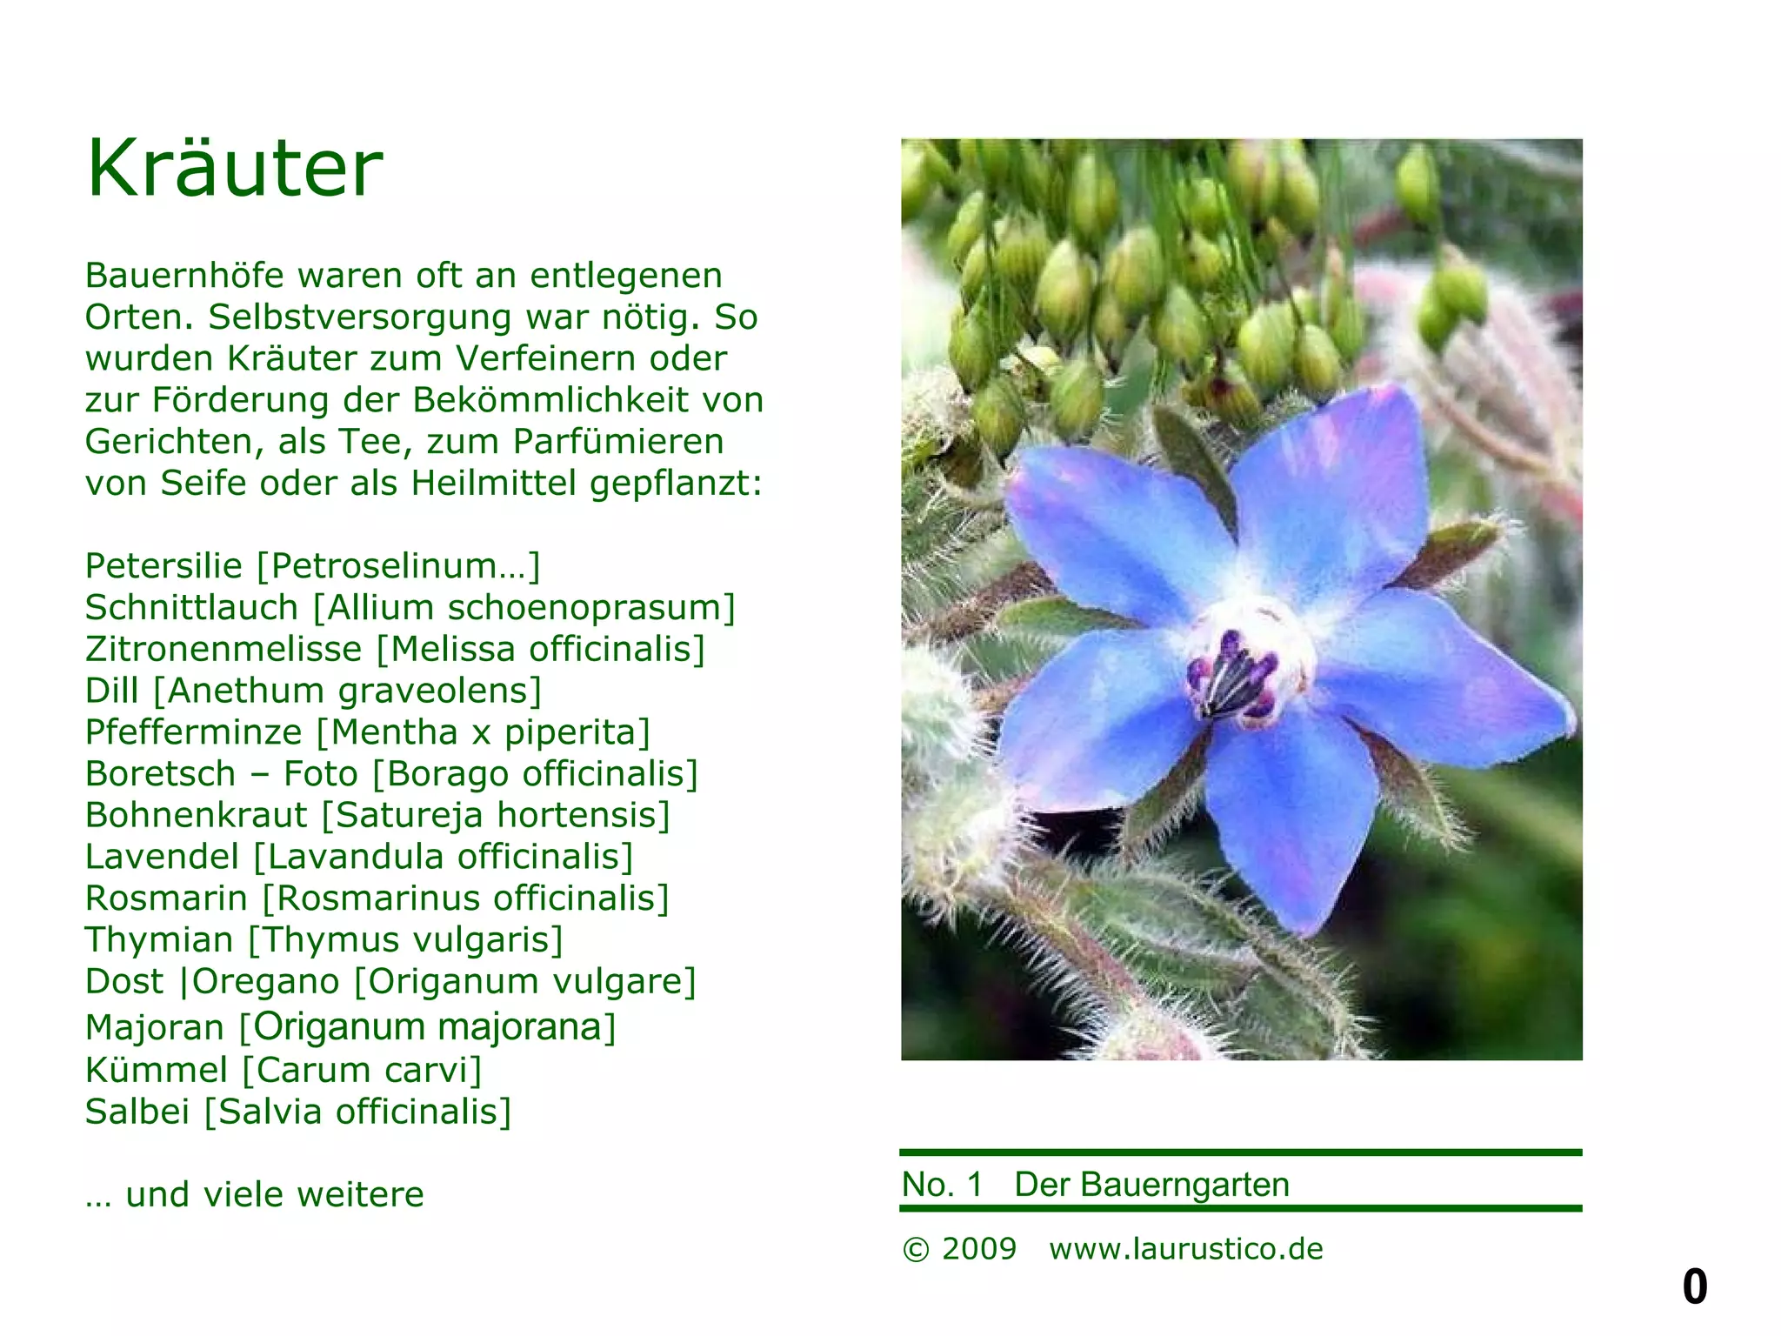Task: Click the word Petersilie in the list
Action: (x=163, y=566)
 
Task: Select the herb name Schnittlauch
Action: (x=191, y=608)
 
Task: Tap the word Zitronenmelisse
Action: (x=223, y=650)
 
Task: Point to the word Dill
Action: (x=111, y=691)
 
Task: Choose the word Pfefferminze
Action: (x=193, y=732)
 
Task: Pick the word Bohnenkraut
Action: (x=196, y=816)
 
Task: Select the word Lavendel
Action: (x=162, y=857)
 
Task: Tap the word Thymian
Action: (x=159, y=940)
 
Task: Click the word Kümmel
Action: (x=157, y=1070)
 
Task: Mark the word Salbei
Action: (x=137, y=1112)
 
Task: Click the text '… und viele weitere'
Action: (x=254, y=1195)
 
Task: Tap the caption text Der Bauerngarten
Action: (x=1151, y=1185)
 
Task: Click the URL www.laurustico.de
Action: (x=1185, y=1249)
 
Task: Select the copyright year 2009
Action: (x=978, y=1249)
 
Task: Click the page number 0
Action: (x=1694, y=1286)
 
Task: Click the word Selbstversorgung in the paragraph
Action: (x=359, y=317)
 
